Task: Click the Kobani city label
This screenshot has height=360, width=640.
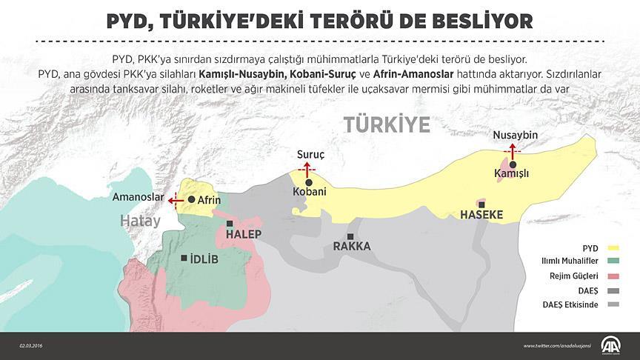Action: tap(310, 192)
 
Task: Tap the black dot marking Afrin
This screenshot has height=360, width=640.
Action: tap(192, 199)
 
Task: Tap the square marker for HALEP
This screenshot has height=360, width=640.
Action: tap(231, 223)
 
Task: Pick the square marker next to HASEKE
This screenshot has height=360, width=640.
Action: tap(482, 204)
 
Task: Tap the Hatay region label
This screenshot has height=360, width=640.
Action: tap(141, 221)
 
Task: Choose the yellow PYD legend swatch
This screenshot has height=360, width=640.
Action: tap(613, 248)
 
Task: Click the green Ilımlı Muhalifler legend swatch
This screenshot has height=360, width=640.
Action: tap(613, 262)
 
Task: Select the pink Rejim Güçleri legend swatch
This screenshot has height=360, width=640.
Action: tap(613, 276)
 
